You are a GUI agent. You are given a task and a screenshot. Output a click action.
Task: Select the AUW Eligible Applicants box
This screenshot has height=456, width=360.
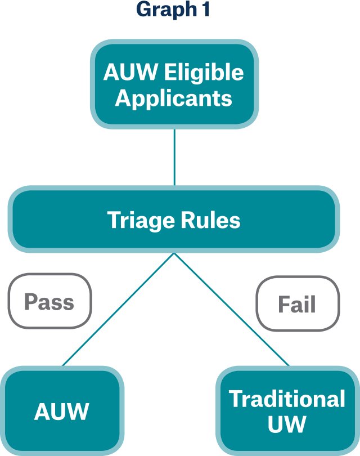coord(174,84)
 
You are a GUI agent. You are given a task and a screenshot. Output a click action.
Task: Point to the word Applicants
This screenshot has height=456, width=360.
coord(174,98)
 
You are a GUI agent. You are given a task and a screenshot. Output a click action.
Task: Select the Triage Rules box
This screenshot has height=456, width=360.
coord(174,220)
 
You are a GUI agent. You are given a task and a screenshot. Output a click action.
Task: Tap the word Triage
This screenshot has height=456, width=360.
coord(141,220)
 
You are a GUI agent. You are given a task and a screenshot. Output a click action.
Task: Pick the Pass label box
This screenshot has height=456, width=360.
coord(49,301)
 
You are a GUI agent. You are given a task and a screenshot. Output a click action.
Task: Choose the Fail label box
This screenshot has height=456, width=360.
coord(298,305)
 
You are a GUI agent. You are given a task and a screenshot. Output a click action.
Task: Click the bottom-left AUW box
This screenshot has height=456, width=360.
coord(62,412)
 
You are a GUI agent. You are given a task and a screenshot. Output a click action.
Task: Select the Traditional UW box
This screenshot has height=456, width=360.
coord(287,412)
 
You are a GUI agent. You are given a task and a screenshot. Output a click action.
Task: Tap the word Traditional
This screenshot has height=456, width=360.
coord(287,399)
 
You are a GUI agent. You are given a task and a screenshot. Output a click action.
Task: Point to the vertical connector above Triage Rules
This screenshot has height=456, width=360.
coord(174,158)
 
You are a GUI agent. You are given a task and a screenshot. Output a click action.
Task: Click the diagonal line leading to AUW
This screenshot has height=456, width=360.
coord(118,310)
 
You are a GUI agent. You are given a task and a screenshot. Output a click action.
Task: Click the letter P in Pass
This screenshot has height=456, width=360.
coord(30,302)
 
